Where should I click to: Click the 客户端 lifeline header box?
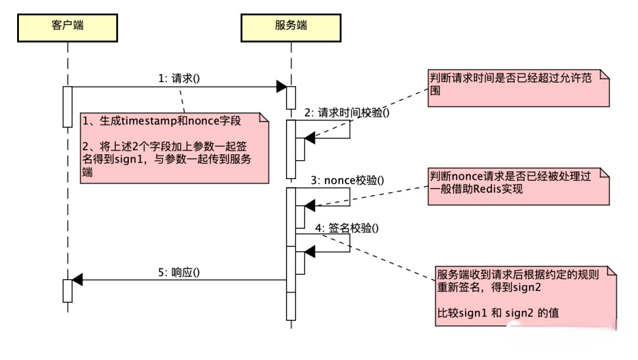[x=67, y=27]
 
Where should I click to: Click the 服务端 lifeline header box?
[x=291, y=27]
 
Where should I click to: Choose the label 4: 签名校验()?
[x=347, y=228]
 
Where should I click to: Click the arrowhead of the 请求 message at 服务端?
[x=282, y=87]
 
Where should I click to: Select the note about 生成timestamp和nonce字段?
[x=174, y=147]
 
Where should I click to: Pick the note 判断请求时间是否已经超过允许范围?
[x=518, y=89]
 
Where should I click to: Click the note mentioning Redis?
[x=518, y=186]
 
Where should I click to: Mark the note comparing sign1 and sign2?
[x=525, y=294]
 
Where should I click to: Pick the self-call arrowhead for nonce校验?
[x=310, y=206]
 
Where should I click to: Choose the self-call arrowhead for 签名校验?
[x=310, y=252]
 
